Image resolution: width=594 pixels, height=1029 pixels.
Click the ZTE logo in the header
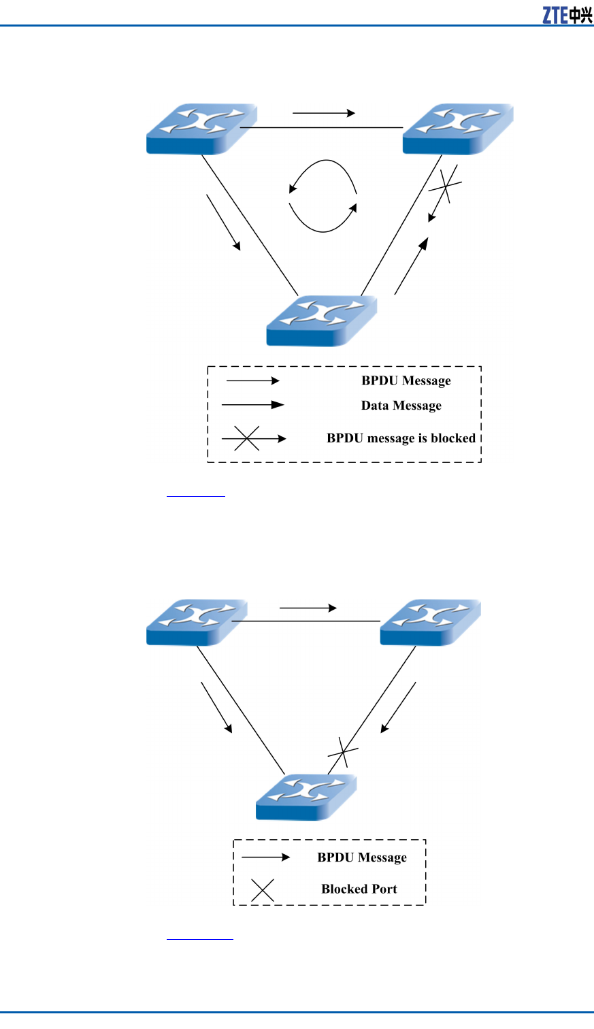tap(567, 14)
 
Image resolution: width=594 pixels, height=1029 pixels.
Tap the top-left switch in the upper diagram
tap(201, 129)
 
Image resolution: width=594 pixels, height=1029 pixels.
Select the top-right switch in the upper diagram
tap(457, 129)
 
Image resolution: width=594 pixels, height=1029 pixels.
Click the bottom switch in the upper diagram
tap(321, 321)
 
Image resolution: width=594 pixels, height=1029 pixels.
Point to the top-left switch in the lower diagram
tap(197, 621)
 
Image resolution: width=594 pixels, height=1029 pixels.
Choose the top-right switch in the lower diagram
tap(430, 621)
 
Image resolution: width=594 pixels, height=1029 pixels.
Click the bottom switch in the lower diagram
tap(306, 796)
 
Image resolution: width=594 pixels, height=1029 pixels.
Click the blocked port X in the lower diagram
tap(343, 752)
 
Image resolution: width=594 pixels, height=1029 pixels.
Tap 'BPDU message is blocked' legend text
tap(401, 438)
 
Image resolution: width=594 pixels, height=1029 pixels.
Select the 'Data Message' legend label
tap(401, 406)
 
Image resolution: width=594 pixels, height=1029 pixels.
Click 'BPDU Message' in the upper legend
tap(406, 380)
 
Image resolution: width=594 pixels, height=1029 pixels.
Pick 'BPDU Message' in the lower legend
tap(362, 857)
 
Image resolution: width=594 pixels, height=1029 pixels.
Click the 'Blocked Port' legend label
tap(359, 889)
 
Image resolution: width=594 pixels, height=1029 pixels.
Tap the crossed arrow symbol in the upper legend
tap(252, 439)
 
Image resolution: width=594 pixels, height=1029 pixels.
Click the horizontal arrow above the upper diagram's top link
tap(324, 113)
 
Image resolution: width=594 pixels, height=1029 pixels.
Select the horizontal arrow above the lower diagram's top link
tap(308, 608)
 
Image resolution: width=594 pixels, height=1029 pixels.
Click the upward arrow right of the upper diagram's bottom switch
tap(411, 266)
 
